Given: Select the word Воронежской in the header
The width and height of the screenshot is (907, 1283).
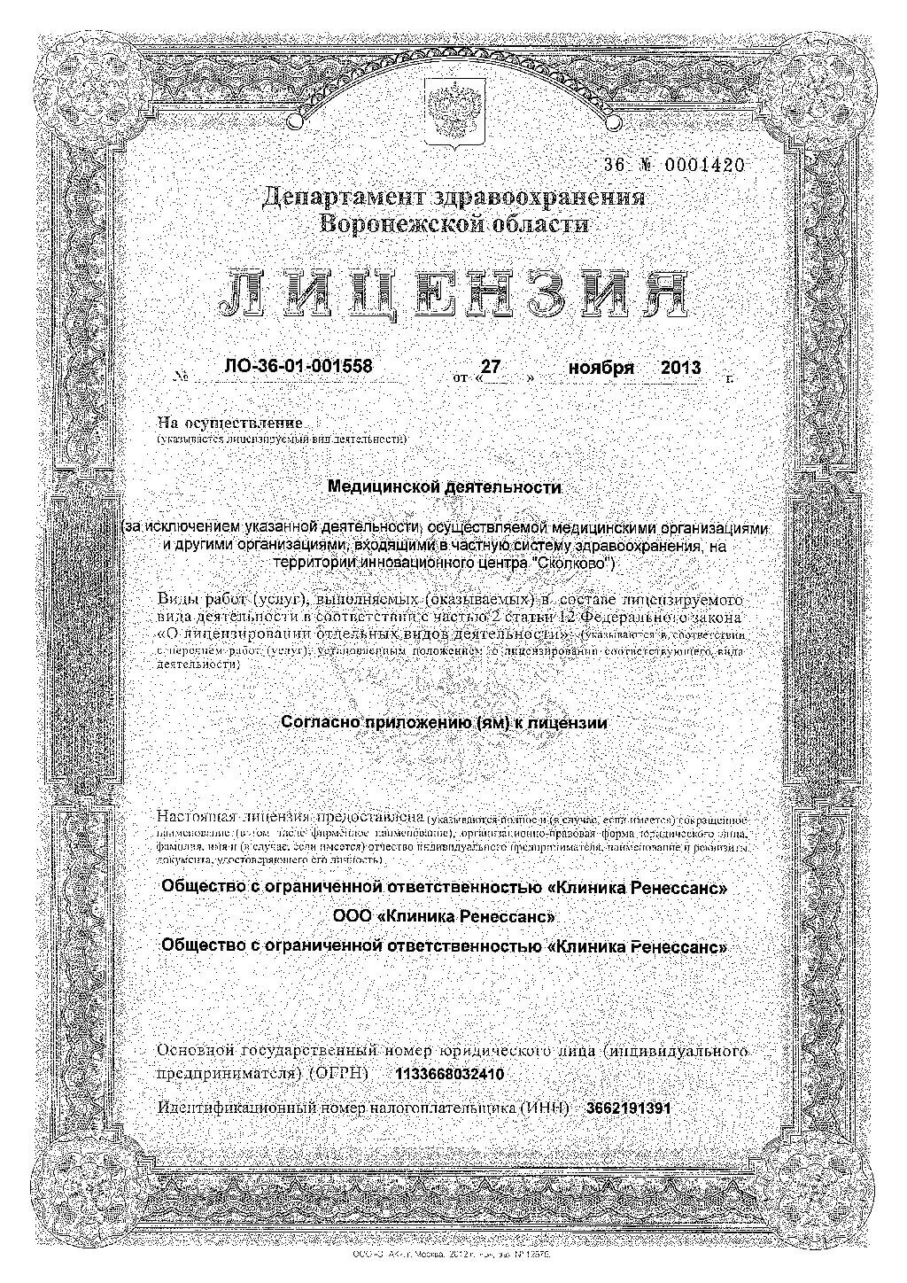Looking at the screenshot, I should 392,224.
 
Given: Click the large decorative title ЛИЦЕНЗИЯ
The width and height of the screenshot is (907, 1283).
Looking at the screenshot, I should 454,293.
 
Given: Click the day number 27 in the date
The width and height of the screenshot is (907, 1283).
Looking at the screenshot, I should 492,365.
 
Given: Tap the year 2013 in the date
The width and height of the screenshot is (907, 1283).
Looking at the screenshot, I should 681,367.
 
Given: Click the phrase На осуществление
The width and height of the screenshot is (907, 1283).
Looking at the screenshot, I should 229,424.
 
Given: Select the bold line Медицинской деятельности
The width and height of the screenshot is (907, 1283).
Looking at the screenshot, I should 445,486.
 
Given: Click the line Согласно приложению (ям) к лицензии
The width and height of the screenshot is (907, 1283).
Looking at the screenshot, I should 444,722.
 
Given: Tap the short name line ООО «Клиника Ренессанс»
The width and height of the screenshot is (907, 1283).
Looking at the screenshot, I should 445,915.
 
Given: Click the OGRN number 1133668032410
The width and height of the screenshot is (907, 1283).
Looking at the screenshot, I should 452,1074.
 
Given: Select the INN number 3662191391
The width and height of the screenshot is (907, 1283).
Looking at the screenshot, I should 628,1108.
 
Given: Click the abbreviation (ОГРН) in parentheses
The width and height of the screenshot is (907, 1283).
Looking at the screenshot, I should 338,1074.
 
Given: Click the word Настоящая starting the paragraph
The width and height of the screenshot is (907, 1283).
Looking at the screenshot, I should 197,816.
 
